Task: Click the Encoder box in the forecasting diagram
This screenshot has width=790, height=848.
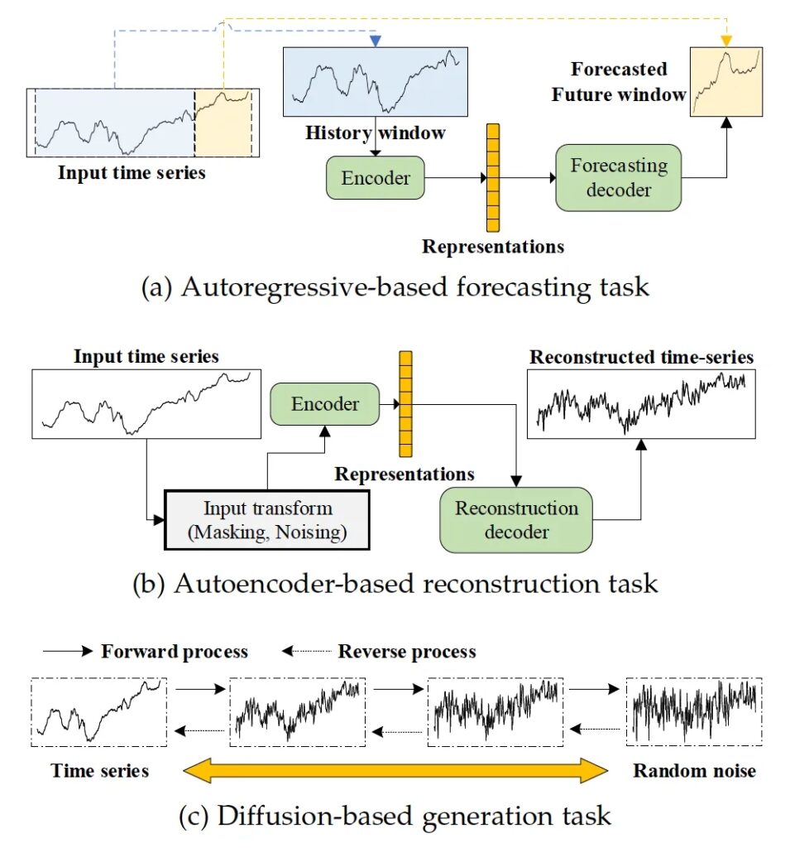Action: coord(375,178)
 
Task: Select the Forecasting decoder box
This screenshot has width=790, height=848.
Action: coord(618,177)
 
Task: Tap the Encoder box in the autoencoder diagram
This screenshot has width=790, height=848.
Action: coord(325,404)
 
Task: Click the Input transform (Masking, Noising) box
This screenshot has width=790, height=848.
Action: coord(267,520)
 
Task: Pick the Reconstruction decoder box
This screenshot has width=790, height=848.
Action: coord(516,520)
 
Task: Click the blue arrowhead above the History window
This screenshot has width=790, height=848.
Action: coord(376,41)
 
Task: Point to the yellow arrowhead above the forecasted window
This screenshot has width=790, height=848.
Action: coord(726,41)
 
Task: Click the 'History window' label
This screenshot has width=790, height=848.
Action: coord(375,132)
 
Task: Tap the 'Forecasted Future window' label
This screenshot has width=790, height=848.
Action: coord(619,82)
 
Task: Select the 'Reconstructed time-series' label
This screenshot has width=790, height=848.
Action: coord(641,357)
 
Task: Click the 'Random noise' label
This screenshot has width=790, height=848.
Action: coord(694,771)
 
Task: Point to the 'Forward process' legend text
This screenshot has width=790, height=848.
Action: coord(175,652)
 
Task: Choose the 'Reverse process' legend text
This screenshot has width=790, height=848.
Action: coord(407,652)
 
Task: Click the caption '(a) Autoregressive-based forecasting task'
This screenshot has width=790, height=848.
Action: coord(395,287)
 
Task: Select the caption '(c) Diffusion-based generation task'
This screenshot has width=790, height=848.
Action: coord(395,816)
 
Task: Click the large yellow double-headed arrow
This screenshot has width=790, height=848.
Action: coord(395,770)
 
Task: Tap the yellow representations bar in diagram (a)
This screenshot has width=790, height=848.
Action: coord(493,178)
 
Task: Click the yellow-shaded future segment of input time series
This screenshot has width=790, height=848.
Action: coord(223,123)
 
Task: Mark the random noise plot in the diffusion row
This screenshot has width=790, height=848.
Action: coord(694,712)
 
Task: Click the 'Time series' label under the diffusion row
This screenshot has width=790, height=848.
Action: coord(100,771)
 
